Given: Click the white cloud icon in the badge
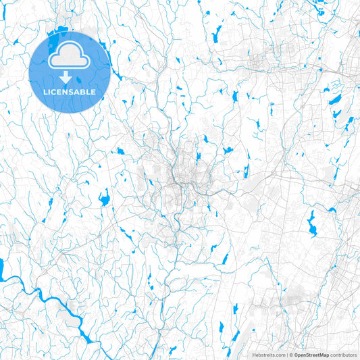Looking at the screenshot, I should [x=70, y=57].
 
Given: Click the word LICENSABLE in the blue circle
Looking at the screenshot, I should [x=70, y=91].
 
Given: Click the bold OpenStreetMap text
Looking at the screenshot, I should [x=311, y=355].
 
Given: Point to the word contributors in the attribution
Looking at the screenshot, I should [x=343, y=355].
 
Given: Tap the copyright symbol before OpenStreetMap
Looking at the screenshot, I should [x=290, y=355].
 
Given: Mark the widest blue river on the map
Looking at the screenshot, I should [x=41, y=297].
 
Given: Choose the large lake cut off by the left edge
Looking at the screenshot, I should [x=2, y=269].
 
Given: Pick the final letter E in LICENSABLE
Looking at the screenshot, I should [x=94, y=91].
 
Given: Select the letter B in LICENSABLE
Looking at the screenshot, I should [x=83, y=91].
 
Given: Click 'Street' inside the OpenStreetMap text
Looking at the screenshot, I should [x=311, y=355].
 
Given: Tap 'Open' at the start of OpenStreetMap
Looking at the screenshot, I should [x=299, y=355].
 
